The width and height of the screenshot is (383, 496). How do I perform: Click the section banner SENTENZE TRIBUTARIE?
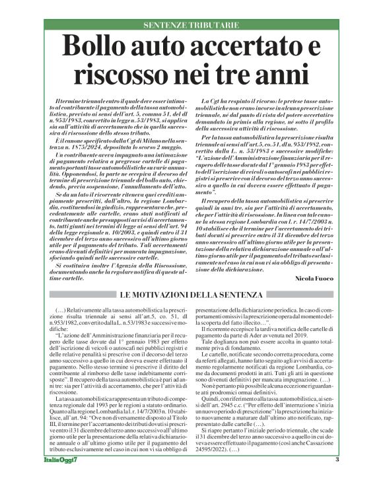pos(191,25)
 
